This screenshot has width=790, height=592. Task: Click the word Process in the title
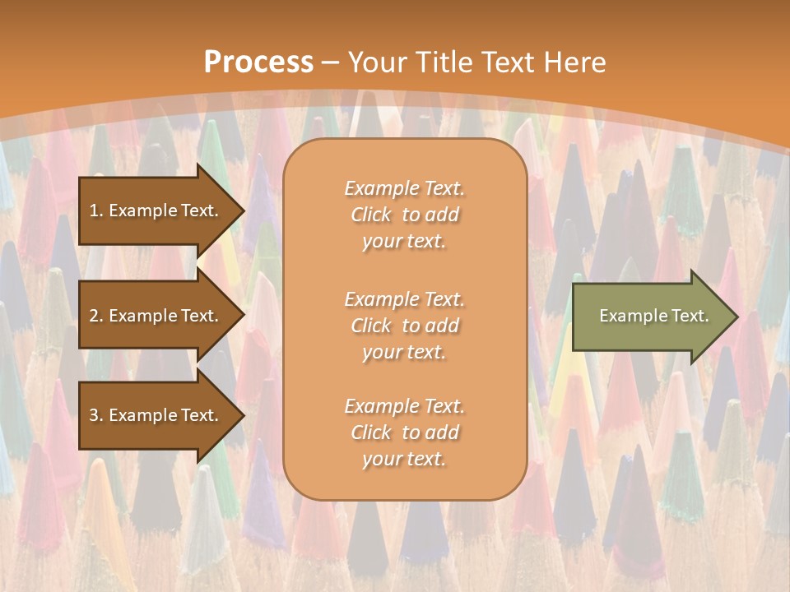pyautogui.click(x=258, y=62)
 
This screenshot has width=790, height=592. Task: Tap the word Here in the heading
pyautogui.click(x=575, y=62)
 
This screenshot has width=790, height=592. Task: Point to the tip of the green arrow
pyautogui.click(x=735, y=317)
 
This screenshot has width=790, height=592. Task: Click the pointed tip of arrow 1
pyautogui.click(x=241, y=210)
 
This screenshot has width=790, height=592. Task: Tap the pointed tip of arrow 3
pyautogui.click(x=241, y=415)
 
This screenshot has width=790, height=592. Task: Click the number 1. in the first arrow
pyautogui.click(x=96, y=210)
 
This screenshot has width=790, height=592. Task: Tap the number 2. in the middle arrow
pyautogui.click(x=96, y=316)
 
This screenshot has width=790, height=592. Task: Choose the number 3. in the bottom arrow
pyautogui.click(x=96, y=415)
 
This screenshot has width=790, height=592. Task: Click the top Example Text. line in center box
pyautogui.click(x=405, y=188)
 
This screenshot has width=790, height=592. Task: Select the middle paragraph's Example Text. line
pyautogui.click(x=405, y=299)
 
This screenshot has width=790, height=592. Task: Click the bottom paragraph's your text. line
pyautogui.click(x=404, y=460)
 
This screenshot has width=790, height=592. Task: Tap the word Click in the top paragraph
pyautogui.click(x=371, y=215)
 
